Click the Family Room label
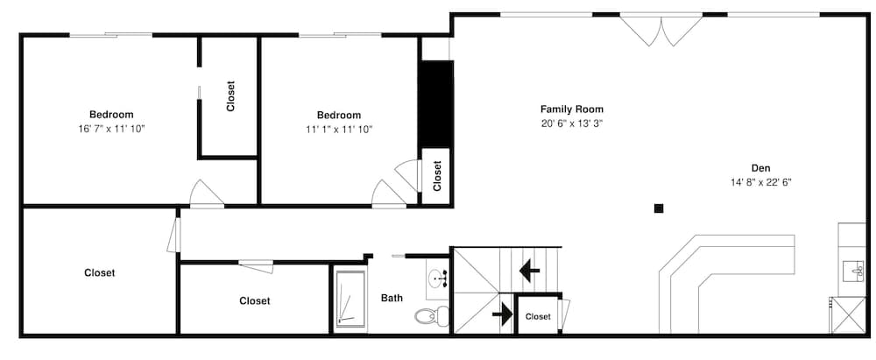click(x=571, y=109)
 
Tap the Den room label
click(x=760, y=168)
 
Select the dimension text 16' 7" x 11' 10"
click(x=111, y=129)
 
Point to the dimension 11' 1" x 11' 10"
click(x=338, y=129)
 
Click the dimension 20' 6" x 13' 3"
click(x=571, y=124)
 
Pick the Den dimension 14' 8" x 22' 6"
click(x=760, y=182)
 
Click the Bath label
click(x=392, y=298)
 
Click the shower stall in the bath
click(x=350, y=300)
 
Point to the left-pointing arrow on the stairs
click(x=529, y=271)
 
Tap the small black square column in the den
click(x=659, y=208)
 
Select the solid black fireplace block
click(x=434, y=103)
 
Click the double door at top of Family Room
click(x=661, y=29)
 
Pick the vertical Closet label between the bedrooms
click(x=230, y=96)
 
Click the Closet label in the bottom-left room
click(x=99, y=272)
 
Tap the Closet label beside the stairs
click(x=538, y=316)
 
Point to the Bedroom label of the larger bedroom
click(x=111, y=115)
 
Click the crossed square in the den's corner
click(x=846, y=315)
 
